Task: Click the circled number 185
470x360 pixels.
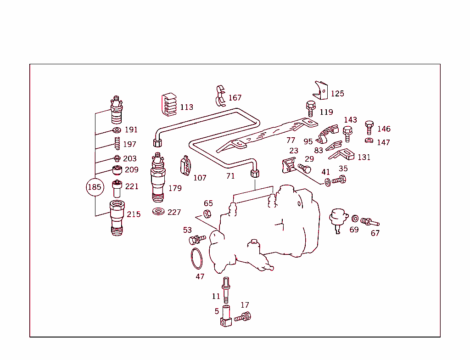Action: (94, 187)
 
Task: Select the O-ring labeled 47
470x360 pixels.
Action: (196, 259)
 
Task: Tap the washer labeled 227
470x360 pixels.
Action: (159, 212)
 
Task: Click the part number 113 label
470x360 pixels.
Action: (186, 107)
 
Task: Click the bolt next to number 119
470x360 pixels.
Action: (310, 108)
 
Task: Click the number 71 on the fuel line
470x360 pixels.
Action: (230, 176)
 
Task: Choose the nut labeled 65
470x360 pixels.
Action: (207, 213)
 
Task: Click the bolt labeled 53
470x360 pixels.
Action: (197, 239)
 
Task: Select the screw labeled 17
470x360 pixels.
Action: (243, 317)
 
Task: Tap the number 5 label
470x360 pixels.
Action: (217, 311)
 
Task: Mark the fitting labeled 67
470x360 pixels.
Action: (369, 222)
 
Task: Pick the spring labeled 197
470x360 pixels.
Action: (117, 144)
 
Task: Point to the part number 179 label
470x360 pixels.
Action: (175, 188)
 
